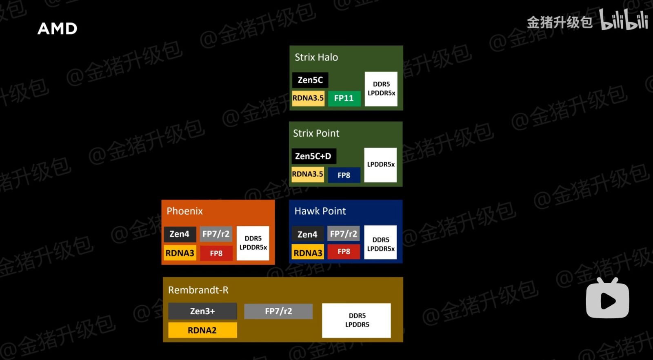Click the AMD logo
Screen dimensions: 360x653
[x=57, y=29]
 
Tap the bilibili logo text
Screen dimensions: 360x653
[x=623, y=20]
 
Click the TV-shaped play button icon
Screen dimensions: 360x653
[x=607, y=299]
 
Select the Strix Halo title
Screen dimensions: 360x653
[x=316, y=57]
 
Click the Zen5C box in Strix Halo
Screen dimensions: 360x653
[x=310, y=80]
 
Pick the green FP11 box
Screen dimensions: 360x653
[x=344, y=98]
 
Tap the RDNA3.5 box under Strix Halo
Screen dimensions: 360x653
[x=308, y=98]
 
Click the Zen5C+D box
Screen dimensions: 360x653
[x=313, y=156]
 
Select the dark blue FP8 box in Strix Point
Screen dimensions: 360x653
[x=344, y=175]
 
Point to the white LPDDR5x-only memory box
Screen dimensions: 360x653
[x=380, y=164]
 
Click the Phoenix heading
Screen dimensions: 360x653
[x=184, y=211]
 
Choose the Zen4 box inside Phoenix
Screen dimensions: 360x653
[x=180, y=234]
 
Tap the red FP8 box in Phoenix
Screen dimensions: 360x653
[x=216, y=253]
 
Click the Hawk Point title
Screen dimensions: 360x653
[x=320, y=211]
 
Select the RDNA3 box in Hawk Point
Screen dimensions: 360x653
[x=308, y=253]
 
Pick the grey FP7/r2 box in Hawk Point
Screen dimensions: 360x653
[x=344, y=234]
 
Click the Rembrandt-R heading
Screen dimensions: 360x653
[x=198, y=290]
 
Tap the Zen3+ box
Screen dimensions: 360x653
[x=202, y=311]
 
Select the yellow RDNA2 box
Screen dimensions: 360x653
[x=202, y=330]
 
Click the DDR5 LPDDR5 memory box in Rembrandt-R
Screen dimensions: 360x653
[x=357, y=320]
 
